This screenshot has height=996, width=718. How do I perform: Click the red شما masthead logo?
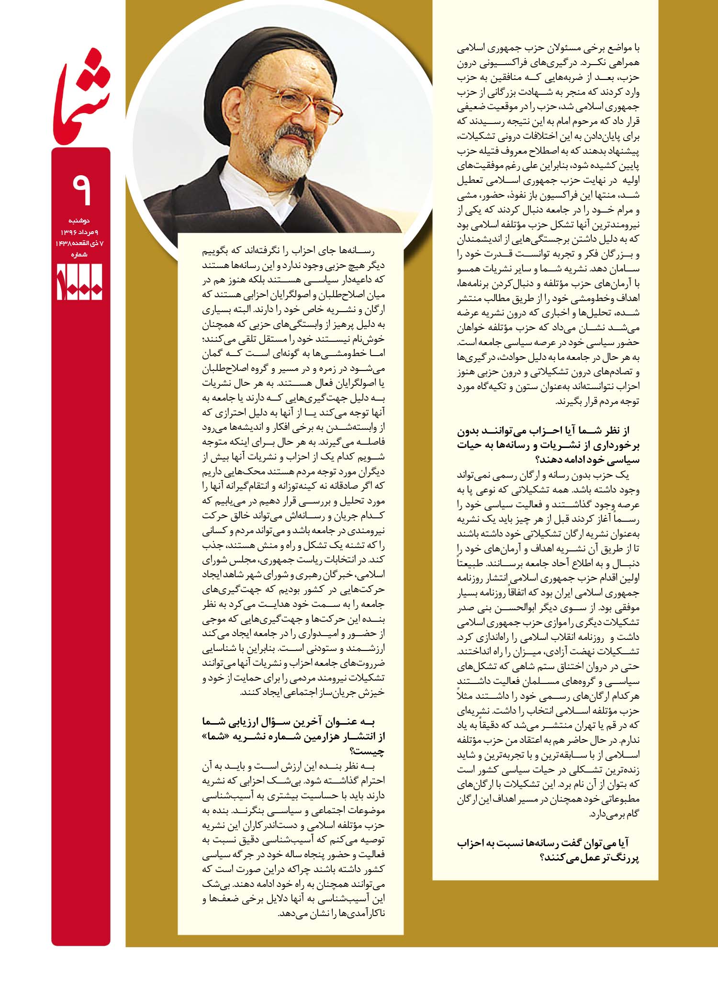coord(81,96)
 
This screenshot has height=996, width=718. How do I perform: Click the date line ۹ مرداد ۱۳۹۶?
coord(80,232)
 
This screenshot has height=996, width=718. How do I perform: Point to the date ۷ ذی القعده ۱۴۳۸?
coord(80,244)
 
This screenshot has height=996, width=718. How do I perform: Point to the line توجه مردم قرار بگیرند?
coord(598,402)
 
